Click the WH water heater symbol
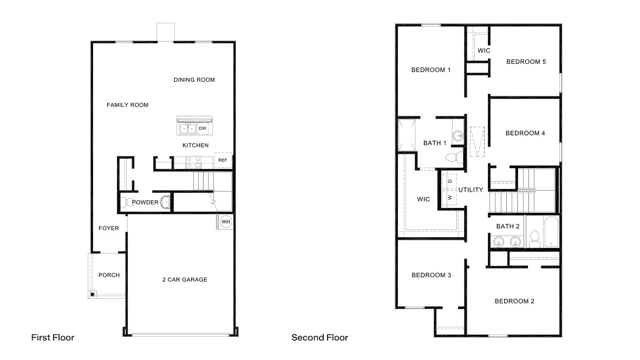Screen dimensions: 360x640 point(225,221)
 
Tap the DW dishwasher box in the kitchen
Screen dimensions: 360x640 point(202,128)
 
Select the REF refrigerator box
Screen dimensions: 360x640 point(223,161)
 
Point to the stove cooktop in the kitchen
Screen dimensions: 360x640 point(193,162)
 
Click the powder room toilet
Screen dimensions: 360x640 point(125,202)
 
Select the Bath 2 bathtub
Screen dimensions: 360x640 point(550,232)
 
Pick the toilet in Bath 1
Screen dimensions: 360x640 point(453,158)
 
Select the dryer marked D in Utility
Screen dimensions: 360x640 point(449,180)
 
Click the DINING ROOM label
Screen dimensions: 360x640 point(194,80)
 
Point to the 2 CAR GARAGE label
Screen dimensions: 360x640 point(185,280)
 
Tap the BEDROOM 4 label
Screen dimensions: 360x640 point(525,133)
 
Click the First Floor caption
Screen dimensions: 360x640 point(53,338)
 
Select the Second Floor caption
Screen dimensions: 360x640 point(319,338)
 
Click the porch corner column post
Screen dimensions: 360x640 point(93,294)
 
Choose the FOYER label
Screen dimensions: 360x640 point(108,228)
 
